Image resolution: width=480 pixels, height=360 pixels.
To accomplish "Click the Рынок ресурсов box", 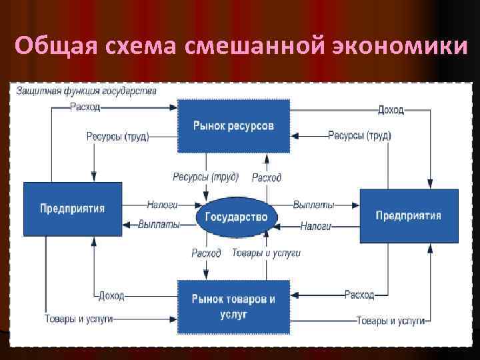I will point(233,125).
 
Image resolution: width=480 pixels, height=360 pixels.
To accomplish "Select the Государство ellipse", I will point(235,217).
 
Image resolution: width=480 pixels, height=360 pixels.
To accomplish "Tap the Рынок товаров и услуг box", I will point(233,305).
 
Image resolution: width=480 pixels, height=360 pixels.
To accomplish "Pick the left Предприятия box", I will point(73,208).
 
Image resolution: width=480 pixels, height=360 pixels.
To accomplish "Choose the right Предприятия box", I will point(409,215).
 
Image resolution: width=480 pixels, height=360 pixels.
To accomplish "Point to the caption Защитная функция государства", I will point(87,91).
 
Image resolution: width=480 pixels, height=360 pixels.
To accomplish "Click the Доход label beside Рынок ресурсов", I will point(390,109).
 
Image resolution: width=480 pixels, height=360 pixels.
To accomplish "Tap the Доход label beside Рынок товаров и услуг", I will point(111,295).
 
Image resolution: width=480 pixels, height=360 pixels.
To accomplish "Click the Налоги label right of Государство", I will point(316,226).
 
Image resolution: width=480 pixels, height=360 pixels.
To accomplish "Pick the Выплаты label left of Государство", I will point(159,225).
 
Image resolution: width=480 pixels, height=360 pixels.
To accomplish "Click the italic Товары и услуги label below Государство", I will point(266,253).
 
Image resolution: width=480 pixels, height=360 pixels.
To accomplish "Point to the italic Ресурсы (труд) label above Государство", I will point(201,177).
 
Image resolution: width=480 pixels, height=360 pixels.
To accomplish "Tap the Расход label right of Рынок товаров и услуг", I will point(359,294).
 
